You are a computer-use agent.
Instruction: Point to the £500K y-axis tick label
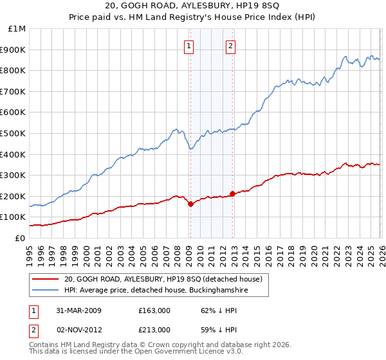14,133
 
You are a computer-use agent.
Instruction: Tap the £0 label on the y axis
21,238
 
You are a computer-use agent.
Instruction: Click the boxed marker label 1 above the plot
189,46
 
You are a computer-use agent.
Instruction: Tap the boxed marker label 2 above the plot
230,46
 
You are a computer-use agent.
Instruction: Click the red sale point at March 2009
190,204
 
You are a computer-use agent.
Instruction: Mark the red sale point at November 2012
232,194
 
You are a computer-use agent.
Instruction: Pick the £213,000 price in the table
154,330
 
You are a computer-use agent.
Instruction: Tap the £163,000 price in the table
154,310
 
